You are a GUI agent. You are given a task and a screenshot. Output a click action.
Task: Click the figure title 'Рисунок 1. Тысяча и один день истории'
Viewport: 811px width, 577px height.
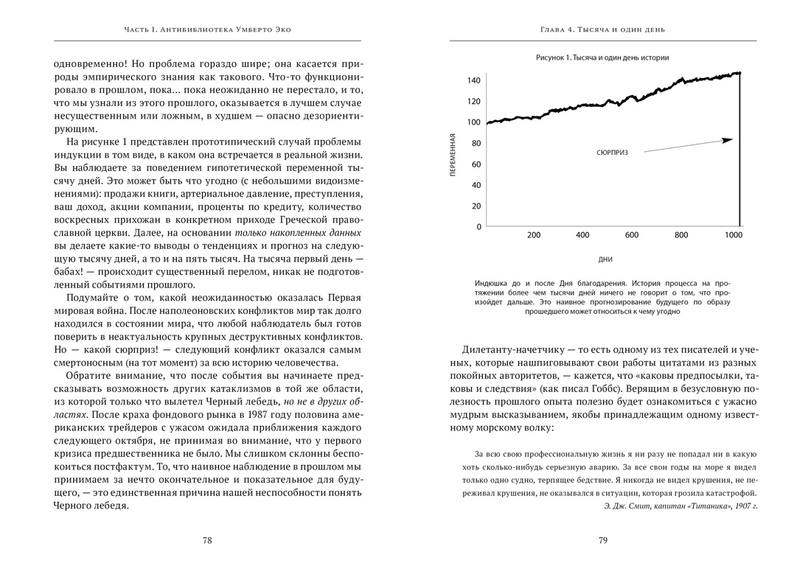click(x=602, y=57)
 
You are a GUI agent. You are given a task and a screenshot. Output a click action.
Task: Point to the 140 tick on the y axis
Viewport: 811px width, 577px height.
click(x=473, y=80)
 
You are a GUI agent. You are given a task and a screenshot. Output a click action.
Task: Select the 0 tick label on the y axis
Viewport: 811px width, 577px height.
click(x=478, y=227)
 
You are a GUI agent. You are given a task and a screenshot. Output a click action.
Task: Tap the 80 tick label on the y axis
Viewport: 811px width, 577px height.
click(x=476, y=144)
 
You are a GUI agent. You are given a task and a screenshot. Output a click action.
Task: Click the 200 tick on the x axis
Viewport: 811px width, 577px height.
click(x=534, y=235)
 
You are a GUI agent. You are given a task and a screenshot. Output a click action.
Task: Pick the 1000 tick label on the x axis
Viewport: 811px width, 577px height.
click(x=733, y=235)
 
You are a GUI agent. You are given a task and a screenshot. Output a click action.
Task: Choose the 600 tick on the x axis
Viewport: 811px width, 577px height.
click(x=632, y=235)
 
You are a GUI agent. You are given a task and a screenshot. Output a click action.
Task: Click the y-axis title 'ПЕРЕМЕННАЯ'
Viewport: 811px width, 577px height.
click(x=453, y=154)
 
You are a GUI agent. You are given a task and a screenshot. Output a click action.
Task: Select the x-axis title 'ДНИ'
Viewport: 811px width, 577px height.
click(x=605, y=259)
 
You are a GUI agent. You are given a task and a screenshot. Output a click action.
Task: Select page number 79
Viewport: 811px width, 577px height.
click(x=602, y=540)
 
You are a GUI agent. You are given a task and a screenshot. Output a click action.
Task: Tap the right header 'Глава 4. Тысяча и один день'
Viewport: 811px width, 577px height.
click(x=602, y=29)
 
